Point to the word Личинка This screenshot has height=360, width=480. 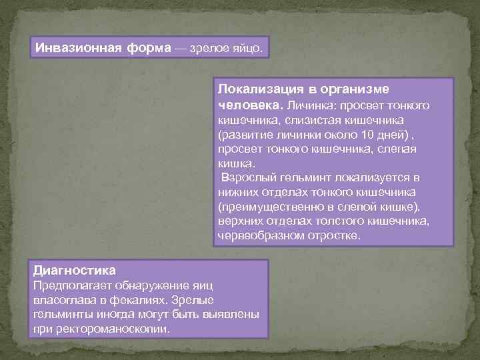point(309,105)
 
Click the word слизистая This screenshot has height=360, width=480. point(311,119)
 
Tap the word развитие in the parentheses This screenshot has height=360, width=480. point(244,134)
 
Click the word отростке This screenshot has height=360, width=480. point(336,237)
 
